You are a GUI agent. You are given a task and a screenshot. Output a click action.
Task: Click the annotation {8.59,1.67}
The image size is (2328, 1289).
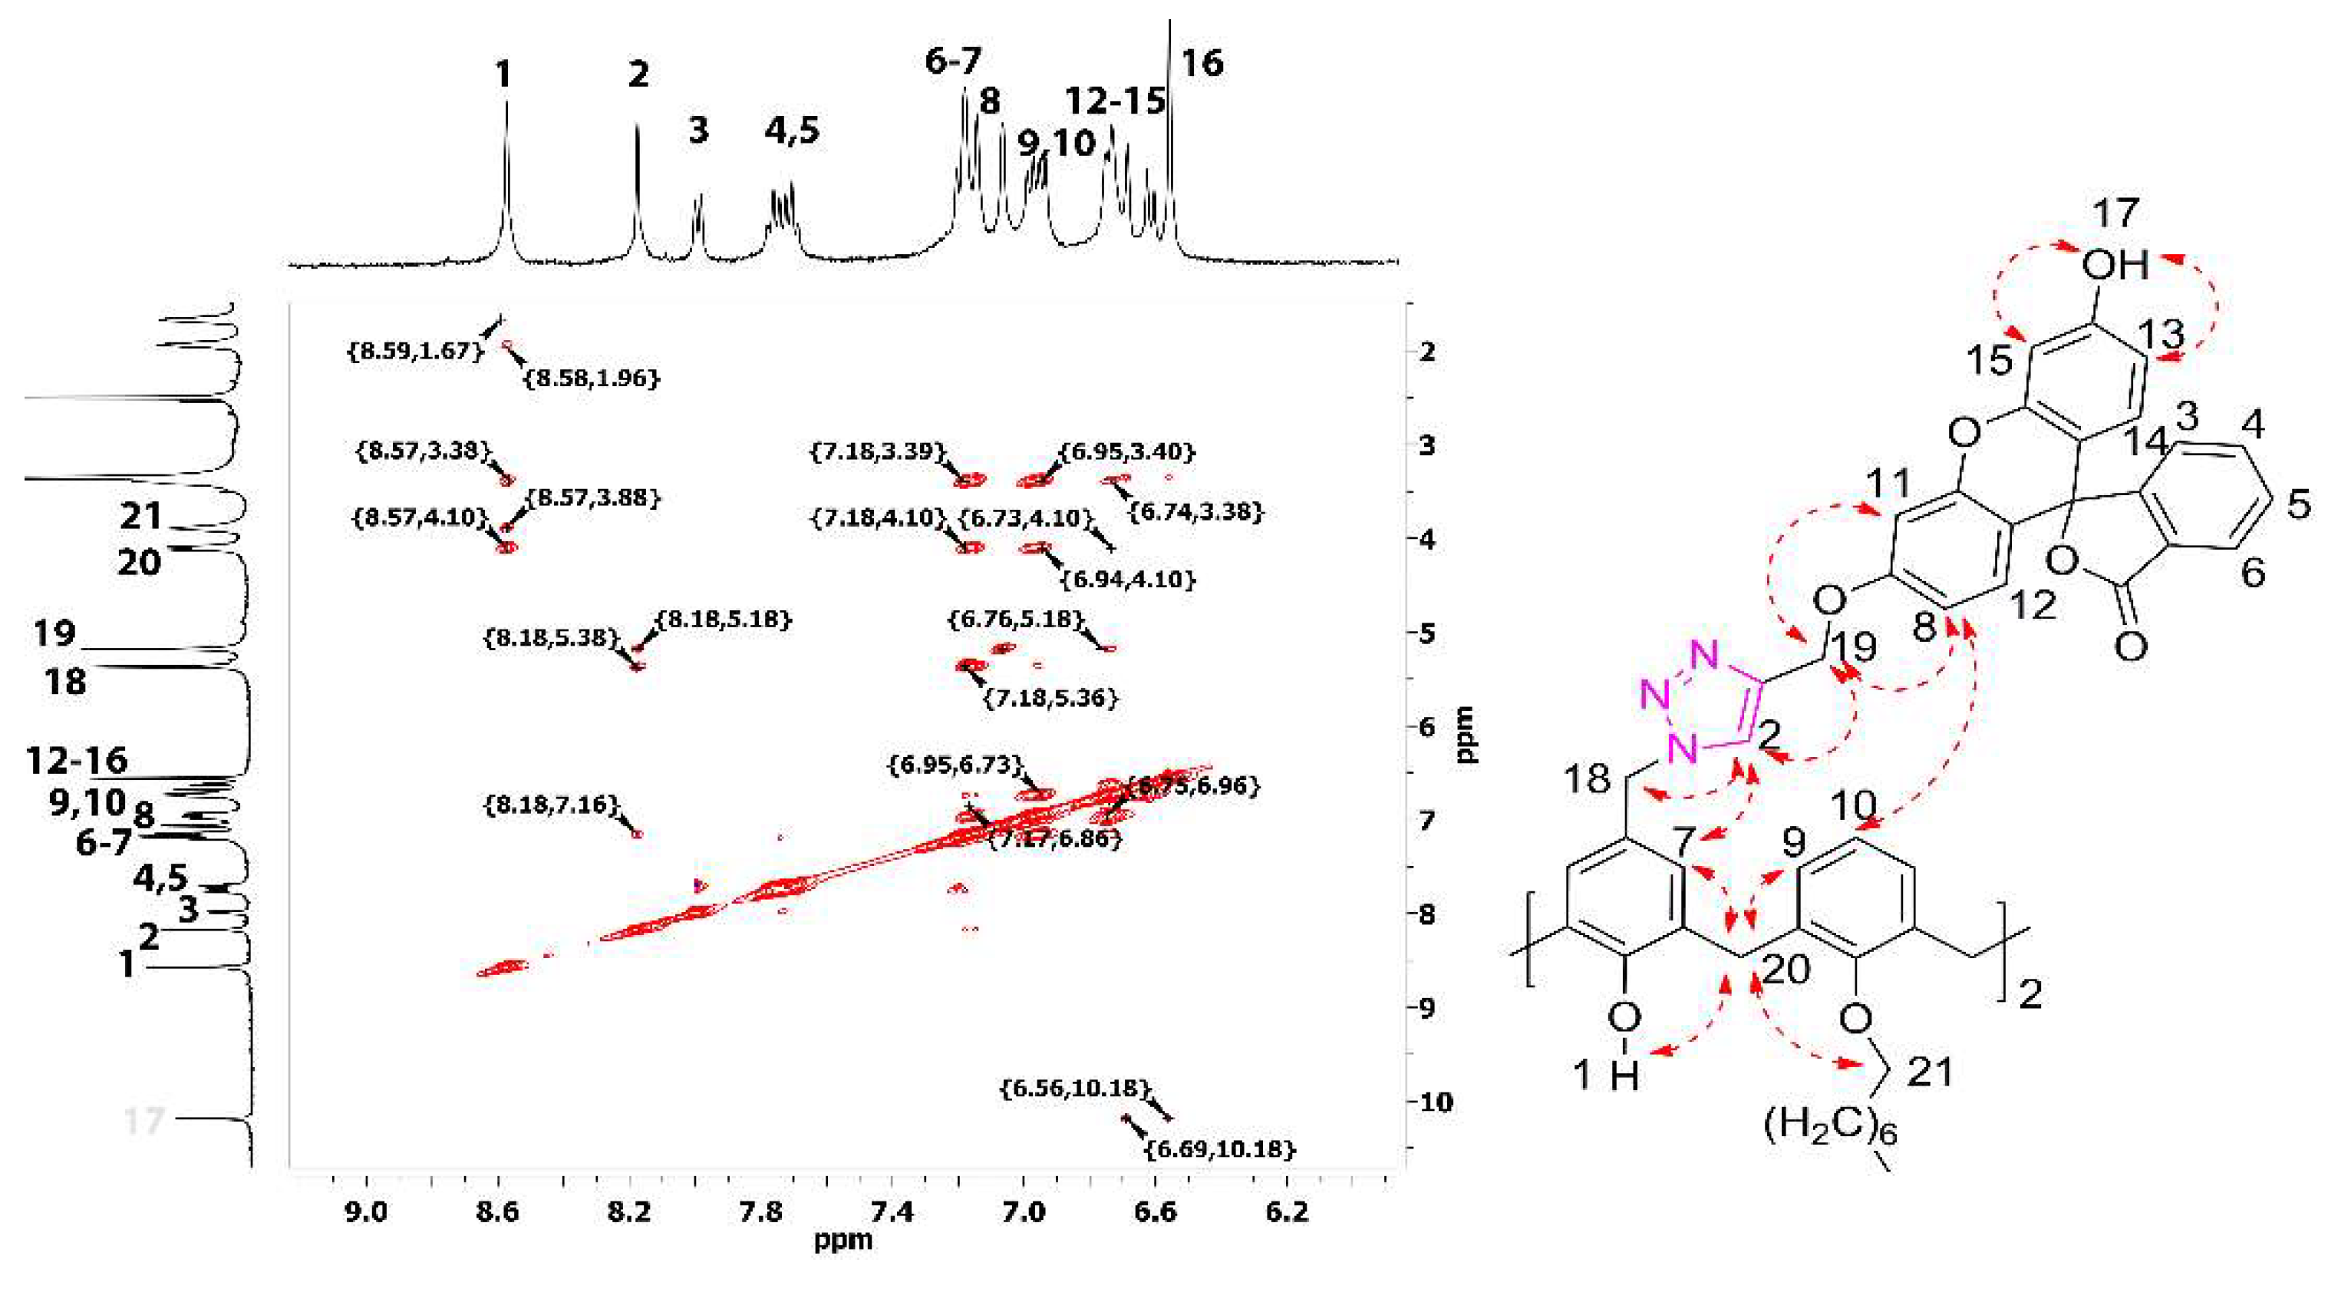tap(417, 350)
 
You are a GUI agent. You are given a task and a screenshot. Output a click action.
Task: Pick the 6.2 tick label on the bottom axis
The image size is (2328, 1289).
tap(1287, 1211)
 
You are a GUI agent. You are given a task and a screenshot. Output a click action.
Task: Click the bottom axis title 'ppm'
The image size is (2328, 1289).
tap(843, 1239)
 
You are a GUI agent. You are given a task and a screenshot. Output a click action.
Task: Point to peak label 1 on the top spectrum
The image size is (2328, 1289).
tap(503, 74)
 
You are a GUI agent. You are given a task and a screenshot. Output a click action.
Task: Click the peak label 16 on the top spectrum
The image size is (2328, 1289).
tap(1202, 63)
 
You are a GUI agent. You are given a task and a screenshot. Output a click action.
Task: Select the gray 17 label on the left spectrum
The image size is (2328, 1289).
tap(143, 1121)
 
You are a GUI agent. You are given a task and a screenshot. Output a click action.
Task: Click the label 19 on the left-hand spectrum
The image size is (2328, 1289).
tap(54, 633)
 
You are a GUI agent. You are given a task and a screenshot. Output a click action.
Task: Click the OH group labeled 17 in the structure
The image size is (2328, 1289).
tap(2115, 265)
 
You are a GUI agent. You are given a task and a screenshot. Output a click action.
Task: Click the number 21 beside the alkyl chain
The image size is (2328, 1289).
tap(1930, 1073)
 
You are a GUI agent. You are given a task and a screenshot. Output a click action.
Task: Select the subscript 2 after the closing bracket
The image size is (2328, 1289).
tap(2030, 996)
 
